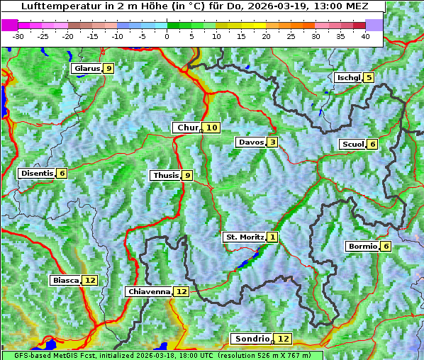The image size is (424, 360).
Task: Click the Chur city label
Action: pyautogui.click(x=187, y=128)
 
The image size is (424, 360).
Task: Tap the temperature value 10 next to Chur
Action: pyautogui.click(x=213, y=128)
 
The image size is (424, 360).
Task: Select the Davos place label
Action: pyautogui.click(x=250, y=142)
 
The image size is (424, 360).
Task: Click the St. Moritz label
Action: pyautogui.click(x=244, y=237)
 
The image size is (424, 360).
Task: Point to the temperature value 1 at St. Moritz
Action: pyautogui.click(x=273, y=237)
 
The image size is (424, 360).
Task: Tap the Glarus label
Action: pyautogui.click(x=86, y=68)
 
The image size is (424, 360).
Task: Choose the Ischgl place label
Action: pyautogui.click(x=348, y=77)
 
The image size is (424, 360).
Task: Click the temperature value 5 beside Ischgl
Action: pyautogui.click(x=369, y=77)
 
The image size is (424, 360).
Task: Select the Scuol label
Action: pyautogui.click(x=352, y=144)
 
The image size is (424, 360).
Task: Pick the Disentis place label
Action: pyautogui.click(x=36, y=173)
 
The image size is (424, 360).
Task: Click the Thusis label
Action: pyautogui.click(x=165, y=175)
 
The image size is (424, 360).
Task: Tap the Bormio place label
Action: pyautogui.click(x=362, y=247)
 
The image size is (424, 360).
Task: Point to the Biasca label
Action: pyautogui.click(x=65, y=280)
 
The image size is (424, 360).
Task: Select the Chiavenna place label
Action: pyautogui.click(x=149, y=291)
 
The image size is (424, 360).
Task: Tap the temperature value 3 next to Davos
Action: pyautogui.click(x=272, y=142)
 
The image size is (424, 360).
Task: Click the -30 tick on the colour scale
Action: pyautogui.click(x=18, y=36)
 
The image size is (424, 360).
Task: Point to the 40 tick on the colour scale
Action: pyautogui.click(x=365, y=36)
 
